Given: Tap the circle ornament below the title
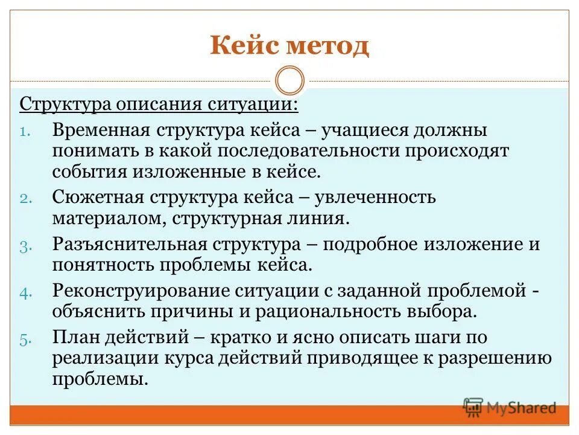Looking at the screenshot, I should (x=289, y=81).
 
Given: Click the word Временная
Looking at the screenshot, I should (x=101, y=130).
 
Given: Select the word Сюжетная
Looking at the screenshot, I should (x=99, y=198).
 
